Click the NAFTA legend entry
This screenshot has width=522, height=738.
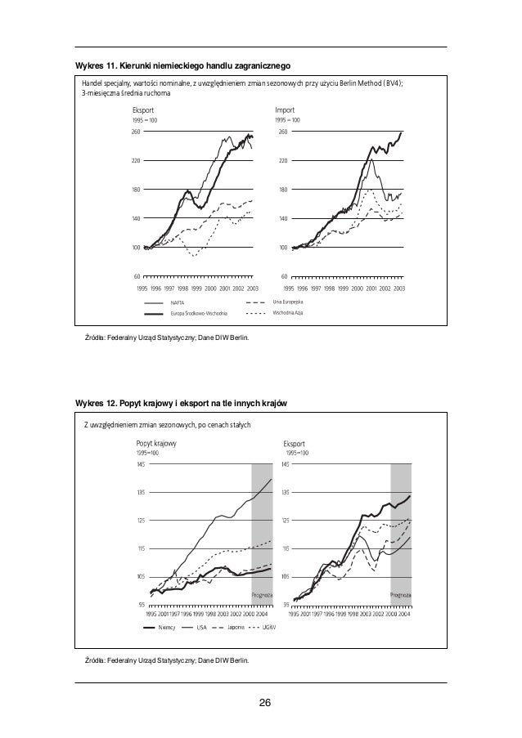point(178,303)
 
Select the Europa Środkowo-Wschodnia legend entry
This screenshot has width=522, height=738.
point(199,314)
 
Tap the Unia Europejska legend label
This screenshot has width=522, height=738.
point(289,302)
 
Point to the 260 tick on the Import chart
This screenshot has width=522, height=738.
point(282,132)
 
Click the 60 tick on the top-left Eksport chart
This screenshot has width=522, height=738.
point(136,276)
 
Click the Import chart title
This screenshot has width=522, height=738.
point(286,109)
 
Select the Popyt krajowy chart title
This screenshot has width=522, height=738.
point(155,442)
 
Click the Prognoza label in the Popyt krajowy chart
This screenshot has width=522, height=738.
point(261,595)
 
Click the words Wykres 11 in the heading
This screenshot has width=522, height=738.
point(95,65)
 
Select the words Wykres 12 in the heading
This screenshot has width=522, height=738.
point(95,404)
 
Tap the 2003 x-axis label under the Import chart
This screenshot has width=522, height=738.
point(400,288)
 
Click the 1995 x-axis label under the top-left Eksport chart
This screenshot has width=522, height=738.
point(142,288)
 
